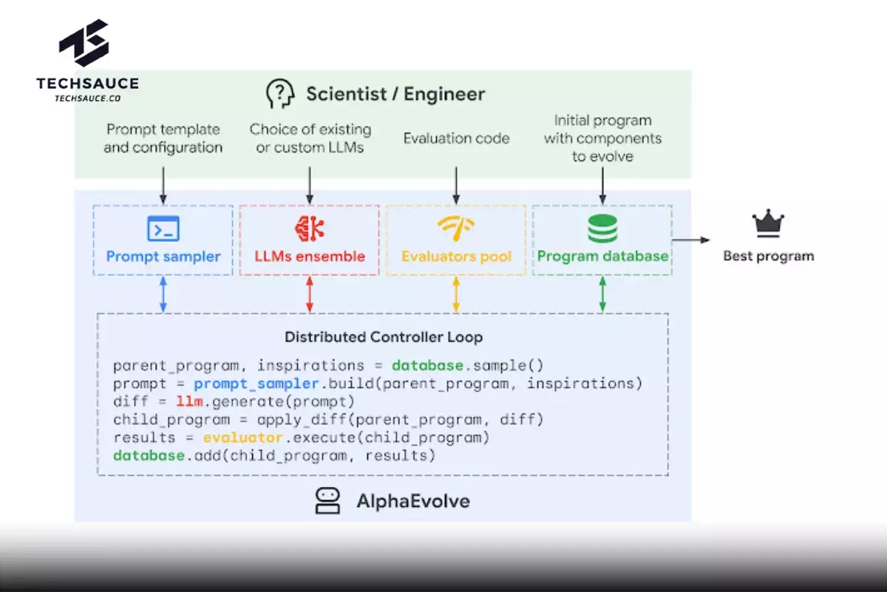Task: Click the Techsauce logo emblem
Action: pyautogui.click(x=84, y=42)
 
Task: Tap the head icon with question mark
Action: pyautogui.click(x=280, y=93)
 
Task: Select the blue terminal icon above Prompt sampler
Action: pyautogui.click(x=163, y=229)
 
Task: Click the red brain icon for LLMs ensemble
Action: pyautogui.click(x=310, y=229)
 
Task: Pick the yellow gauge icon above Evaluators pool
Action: pyautogui.click(x=456, y=228)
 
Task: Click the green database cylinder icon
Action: pyautogui.click(x=602, y=229)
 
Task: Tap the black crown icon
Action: pyautogui.click(x=768, y=223)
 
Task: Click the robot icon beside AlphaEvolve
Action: pyautogui.click(x=327, y=501)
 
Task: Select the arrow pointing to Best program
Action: pyautogui.click(x=691, y=240)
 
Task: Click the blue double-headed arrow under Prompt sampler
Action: pyautogui.click(x=163, y=295)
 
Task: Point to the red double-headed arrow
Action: pyautogui.click(x=310, y=295)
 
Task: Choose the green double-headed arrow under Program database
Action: pyautogui.click(x=602, y=295)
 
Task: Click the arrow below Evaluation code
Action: pyautogui.click(x=456, y=186)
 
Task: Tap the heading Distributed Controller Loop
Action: pyautogui.click(x=384, y=337)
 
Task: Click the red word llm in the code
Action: pyautogui.click(x=190, y=402)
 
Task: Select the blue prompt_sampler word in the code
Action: pyautogui.click(x=256, y=384)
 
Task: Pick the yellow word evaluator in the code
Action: pyautogui.click(x=242, y=437)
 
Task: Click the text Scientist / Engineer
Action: pyautogui.click(x=395, y=94)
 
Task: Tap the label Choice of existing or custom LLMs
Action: pyautogui.click(x=310, y=138)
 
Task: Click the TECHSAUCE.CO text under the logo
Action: pyautogui.click(x=87, y=98)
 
